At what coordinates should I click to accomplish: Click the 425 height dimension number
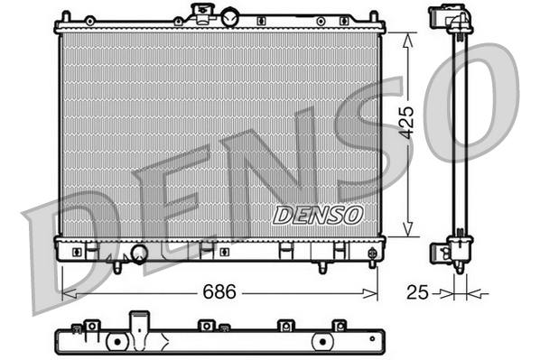(x=407, y=119)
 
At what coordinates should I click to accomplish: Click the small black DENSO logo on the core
(x=318, y=215)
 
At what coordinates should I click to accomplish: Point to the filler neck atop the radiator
(x=200, y=13)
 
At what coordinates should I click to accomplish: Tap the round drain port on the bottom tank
(x=139, y=254)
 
